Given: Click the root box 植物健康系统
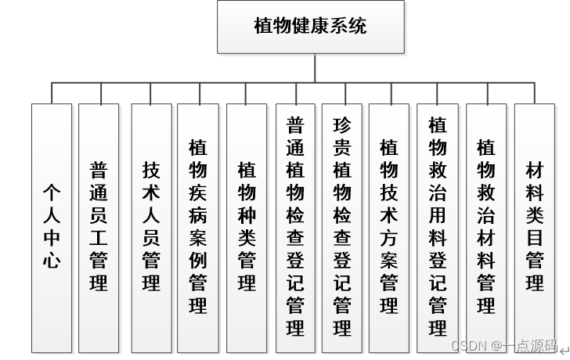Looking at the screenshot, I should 311,27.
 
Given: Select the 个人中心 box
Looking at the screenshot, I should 52,227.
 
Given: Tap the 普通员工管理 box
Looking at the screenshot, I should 99,227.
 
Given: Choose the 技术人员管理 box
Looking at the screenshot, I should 151,227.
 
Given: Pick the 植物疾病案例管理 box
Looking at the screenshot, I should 198,227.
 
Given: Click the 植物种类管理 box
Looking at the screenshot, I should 247,227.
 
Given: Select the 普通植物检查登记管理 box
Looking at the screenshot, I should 295,227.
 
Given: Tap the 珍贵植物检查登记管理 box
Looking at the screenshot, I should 342,227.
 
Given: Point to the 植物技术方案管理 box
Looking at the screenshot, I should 389,227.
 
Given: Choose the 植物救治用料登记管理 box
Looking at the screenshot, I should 438,227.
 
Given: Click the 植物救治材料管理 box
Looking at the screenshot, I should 486,227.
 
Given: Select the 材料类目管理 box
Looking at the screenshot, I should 535,227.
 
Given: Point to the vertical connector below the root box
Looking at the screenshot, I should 315,67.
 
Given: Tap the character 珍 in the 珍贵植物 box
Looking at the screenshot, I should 342,125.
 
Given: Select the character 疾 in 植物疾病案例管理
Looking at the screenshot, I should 198,192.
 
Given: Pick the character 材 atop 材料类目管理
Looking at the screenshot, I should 535,170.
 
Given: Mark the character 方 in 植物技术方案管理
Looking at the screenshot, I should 389,237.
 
